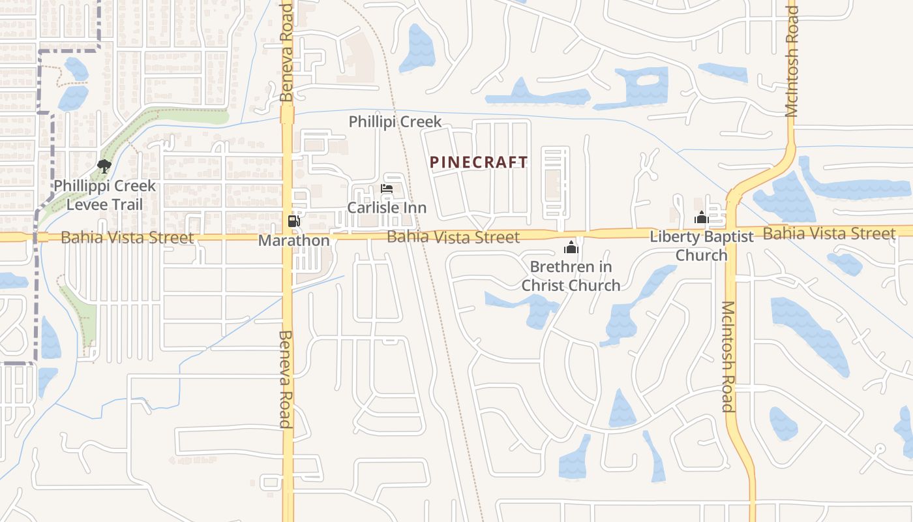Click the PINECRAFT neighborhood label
pyautogui.click(x=479, y=162)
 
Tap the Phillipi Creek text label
pyautogui.click(x=395, y=122)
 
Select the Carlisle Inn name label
pyautogui.click(x=387, y=208)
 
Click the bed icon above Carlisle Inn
pyautogui.click(x=387, y=189)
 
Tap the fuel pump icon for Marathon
pyautogui.click(x=294, y=221)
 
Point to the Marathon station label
pyautogui.click(x=294, y=241)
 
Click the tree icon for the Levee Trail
pyautogui.click(x=104, y=166)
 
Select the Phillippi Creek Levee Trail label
pyautogui.click(x=104, y=195)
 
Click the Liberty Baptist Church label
pyautogui.click(x=702, y=245)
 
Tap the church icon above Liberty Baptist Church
pyautogui.click(x=702, y=217)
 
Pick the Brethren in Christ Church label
pyautogui.click(x=571, y=276)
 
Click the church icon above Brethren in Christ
pyautogui.click(x=571, y=247)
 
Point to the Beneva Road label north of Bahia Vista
pyautogui.click(x=287, y=52)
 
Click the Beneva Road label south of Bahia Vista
pyautogui.click(x=286, y=379)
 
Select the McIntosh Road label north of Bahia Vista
pyautogui.click(x=792, y=62)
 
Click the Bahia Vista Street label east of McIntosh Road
pyautogui.click(x=830, y=233)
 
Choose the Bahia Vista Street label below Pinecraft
pyautogui.click(x=453, y=236)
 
